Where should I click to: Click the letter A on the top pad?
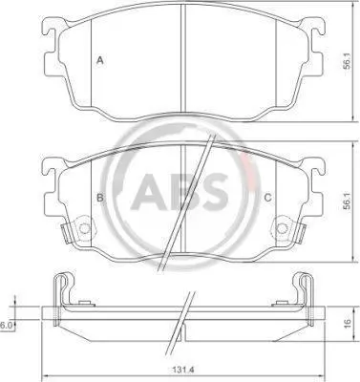point(100,60)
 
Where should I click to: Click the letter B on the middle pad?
point(100,198)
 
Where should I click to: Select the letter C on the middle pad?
point(268,198)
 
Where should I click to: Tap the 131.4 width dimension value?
point(183,371)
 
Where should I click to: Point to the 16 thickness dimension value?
point(348,323)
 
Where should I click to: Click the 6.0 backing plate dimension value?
point(6,325)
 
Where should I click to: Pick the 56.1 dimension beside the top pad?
point(347,61)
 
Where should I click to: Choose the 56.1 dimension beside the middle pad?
point(347,201)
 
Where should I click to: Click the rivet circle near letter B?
point(84,228)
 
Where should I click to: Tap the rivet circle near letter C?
point(282,228)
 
